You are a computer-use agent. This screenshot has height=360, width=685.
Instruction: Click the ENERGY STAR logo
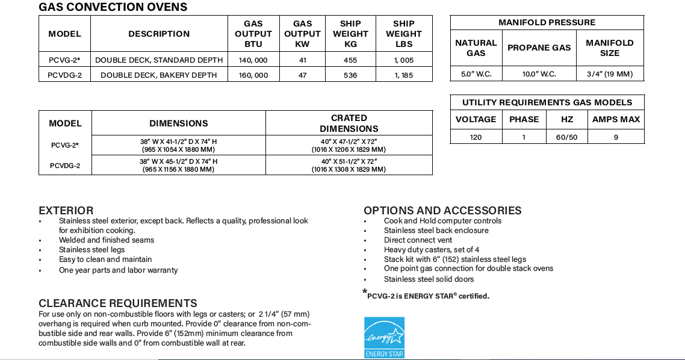click(384, 337)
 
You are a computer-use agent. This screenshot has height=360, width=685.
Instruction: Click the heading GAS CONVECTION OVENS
click(113, 7)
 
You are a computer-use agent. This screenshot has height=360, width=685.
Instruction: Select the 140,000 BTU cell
click(253, 60)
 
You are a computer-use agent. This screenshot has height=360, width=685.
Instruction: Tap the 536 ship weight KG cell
click(350, 75)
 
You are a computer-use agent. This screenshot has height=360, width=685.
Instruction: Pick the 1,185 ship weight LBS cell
click(404, 75)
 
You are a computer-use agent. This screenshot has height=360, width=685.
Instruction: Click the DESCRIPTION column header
click(159, 34)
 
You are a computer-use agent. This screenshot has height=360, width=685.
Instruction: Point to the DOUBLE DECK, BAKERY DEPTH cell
click(159, 75)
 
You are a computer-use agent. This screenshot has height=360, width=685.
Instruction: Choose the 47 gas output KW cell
click(302, 75)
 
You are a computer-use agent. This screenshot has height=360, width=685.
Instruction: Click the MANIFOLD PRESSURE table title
click(547, 23)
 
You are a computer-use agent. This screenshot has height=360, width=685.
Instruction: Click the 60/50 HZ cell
click(566, 137)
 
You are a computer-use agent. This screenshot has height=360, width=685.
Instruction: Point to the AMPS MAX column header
click(616, 119)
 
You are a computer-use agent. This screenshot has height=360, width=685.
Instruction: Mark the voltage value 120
click(476, 137)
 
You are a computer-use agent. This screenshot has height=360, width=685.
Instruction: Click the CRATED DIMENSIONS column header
click(349, 123)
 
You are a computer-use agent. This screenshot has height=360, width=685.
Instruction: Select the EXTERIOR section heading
click(66, 211)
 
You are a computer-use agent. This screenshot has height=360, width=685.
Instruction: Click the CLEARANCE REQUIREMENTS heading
click(118, 303)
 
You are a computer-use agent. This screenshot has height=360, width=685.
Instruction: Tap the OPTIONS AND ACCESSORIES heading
click(442, 211)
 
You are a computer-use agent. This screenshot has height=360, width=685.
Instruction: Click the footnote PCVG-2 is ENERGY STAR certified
click(428, 296)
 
